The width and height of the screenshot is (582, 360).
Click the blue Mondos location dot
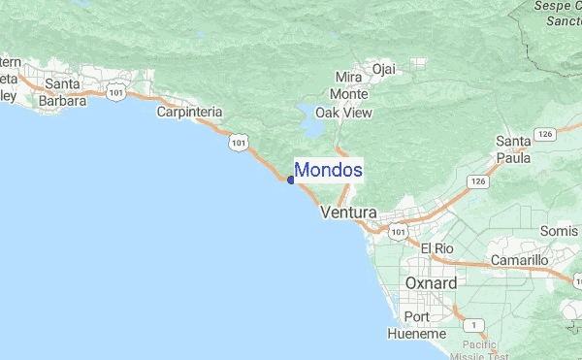coord(291,180)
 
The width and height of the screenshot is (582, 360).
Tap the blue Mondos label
coord(328,171)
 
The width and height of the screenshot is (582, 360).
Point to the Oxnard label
coord(431,282)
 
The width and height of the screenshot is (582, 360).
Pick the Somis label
coord(559,231)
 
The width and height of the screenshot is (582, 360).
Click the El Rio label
coord(437,248)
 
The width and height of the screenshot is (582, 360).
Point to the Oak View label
coord(343,113)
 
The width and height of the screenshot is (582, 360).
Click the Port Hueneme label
coord(416,325)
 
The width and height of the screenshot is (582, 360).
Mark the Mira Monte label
coord(348,85)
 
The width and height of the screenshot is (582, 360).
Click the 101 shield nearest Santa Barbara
coord(115,93)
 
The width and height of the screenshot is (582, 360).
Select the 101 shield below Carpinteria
coord(238,142)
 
